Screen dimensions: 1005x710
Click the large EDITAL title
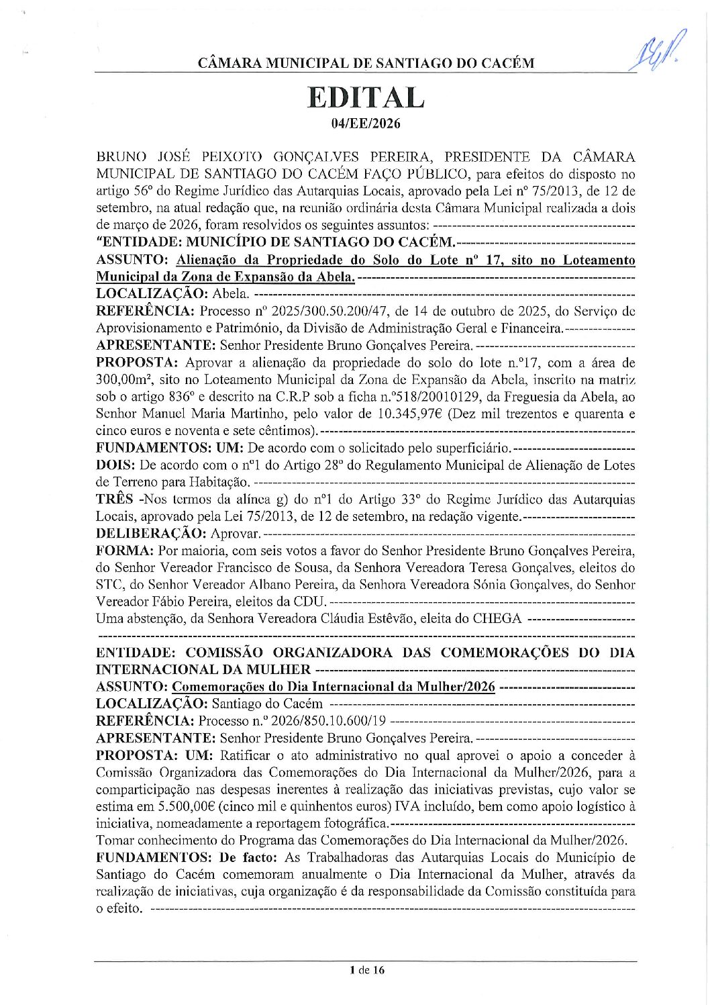click(366, 97)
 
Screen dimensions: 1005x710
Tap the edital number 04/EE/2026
click(366, 123)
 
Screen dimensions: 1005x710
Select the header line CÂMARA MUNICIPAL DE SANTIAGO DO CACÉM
click(366, 64)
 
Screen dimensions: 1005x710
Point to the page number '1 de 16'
click(366, 969)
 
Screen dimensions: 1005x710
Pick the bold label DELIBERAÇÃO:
click(151, 534)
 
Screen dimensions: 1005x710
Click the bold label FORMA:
click(125, 551)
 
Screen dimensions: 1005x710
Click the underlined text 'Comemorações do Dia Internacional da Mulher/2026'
click(334, 687)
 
